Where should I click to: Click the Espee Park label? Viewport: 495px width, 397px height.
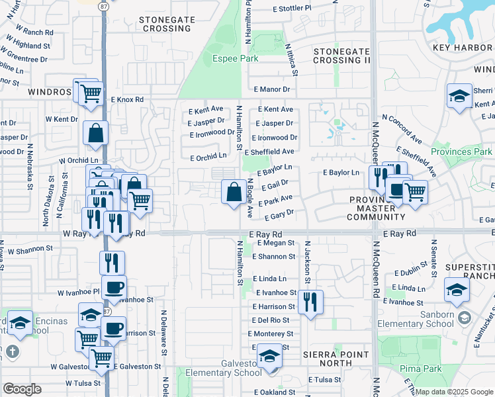tap(234, 58)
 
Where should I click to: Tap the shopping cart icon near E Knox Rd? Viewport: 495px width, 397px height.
tap(90, 93)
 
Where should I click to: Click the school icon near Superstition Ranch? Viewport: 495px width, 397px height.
tap(457, 290)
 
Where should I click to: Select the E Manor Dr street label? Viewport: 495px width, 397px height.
tap(272, 89)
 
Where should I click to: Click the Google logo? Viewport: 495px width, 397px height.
tap(22, 389)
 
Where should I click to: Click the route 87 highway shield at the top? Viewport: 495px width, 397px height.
tap(104, 5)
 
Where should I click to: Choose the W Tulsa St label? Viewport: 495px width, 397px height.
tap(83, 383)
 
